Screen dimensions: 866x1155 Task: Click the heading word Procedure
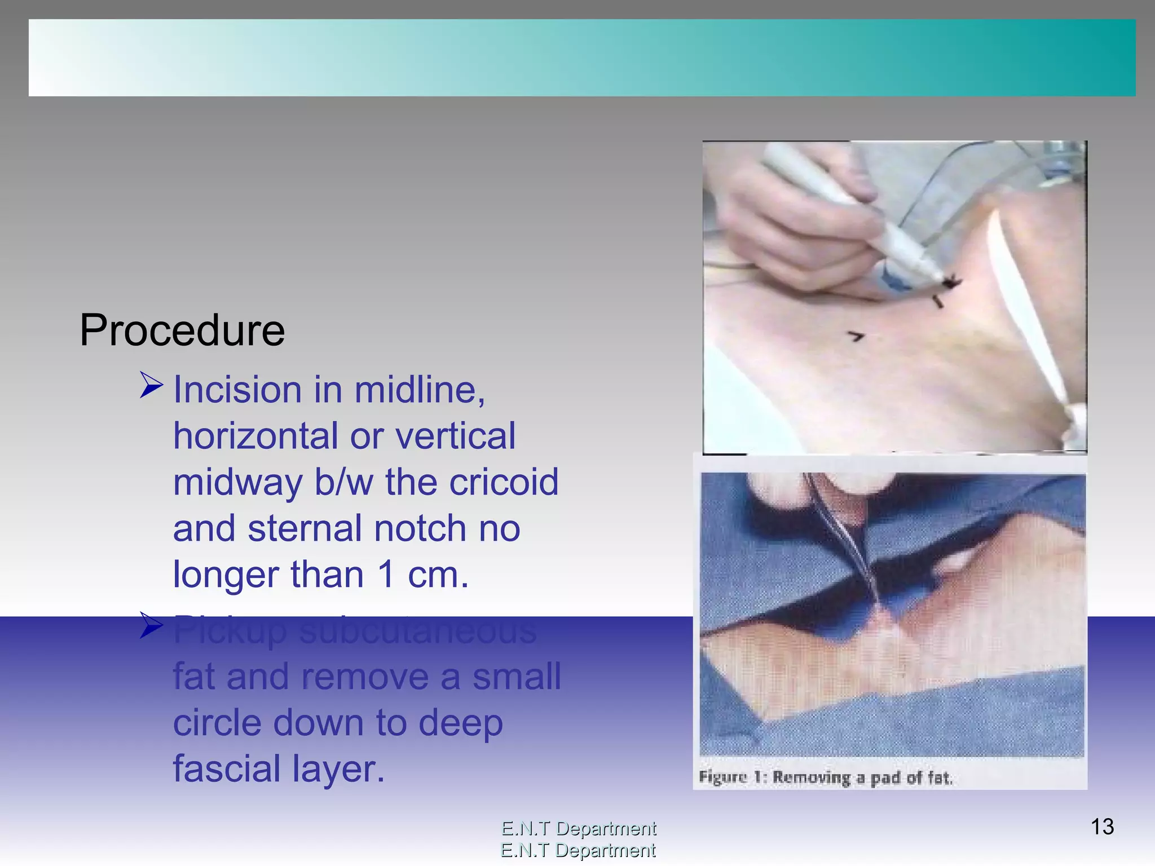click(x=182, y=330)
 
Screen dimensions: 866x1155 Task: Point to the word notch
click(x=420, y=528)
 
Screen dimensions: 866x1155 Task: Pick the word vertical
click(x=455, y=436)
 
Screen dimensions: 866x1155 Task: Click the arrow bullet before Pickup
click(x=151, y=625)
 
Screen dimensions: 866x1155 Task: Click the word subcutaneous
click(x=418, y=631)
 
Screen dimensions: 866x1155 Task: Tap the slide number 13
click(x=1102, y=827)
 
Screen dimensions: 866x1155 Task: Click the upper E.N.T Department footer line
click(x=579, y=828)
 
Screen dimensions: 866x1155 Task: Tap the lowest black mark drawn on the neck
click(x=856, y=337)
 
